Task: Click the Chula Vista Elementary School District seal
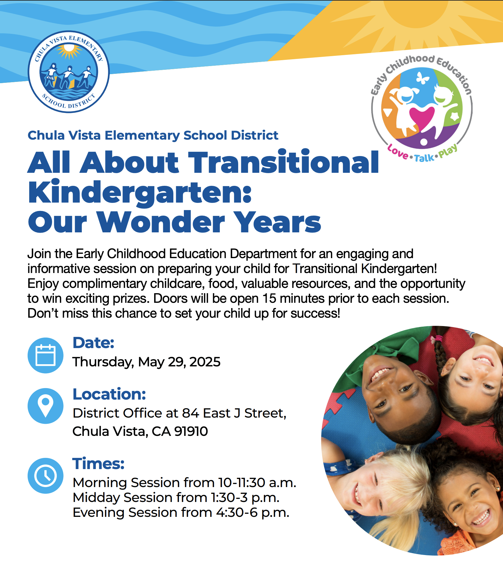click(x=69, y=72)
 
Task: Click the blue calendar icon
click(x=46, y=355)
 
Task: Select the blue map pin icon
click(x=46, y=406)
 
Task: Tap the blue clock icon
click(x=46, y=476)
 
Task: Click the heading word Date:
click(x=93, y=343)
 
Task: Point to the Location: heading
click(x=109, y=394)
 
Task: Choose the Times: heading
click(x=98, y=463)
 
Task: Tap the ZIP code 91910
click(x=191, y=431)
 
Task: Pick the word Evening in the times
click(x=99, y=513)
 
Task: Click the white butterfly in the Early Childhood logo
click(x=422, y=78)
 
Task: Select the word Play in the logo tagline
click(x=448, y=151)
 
